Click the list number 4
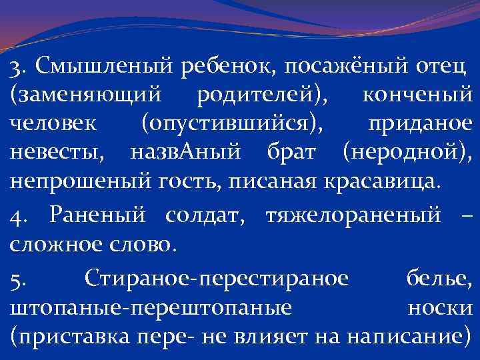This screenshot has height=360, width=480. pyautogui.click(x=19, y=217)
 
